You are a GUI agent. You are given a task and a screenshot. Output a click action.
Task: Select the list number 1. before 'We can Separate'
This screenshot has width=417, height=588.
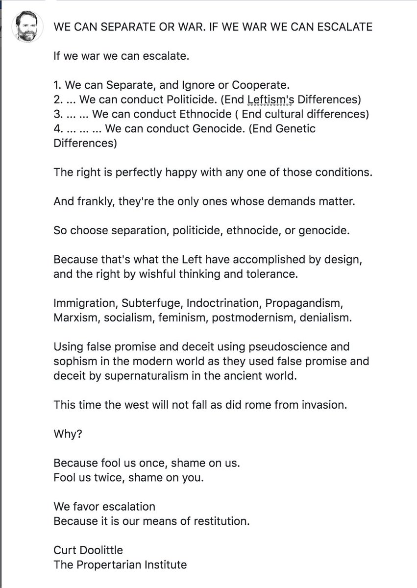coord(58,84)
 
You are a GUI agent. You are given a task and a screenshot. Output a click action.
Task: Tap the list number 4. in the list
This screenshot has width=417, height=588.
coord(58,129)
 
